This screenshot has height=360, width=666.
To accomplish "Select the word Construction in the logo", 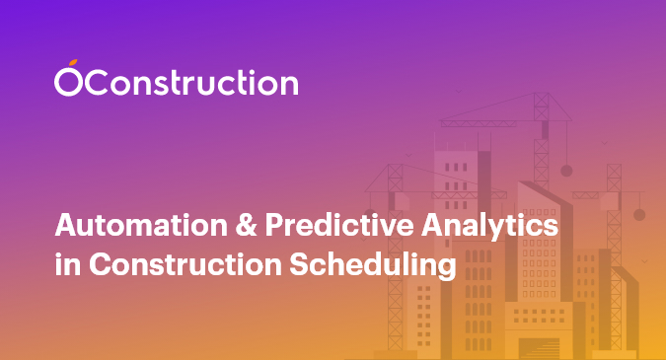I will [188, 82].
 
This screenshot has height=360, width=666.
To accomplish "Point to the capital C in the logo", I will [95, 82].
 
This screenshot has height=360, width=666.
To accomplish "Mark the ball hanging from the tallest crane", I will [566, 170].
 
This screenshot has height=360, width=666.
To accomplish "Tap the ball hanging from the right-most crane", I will [638, 214].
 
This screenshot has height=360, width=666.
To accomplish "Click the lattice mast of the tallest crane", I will [541, 138].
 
